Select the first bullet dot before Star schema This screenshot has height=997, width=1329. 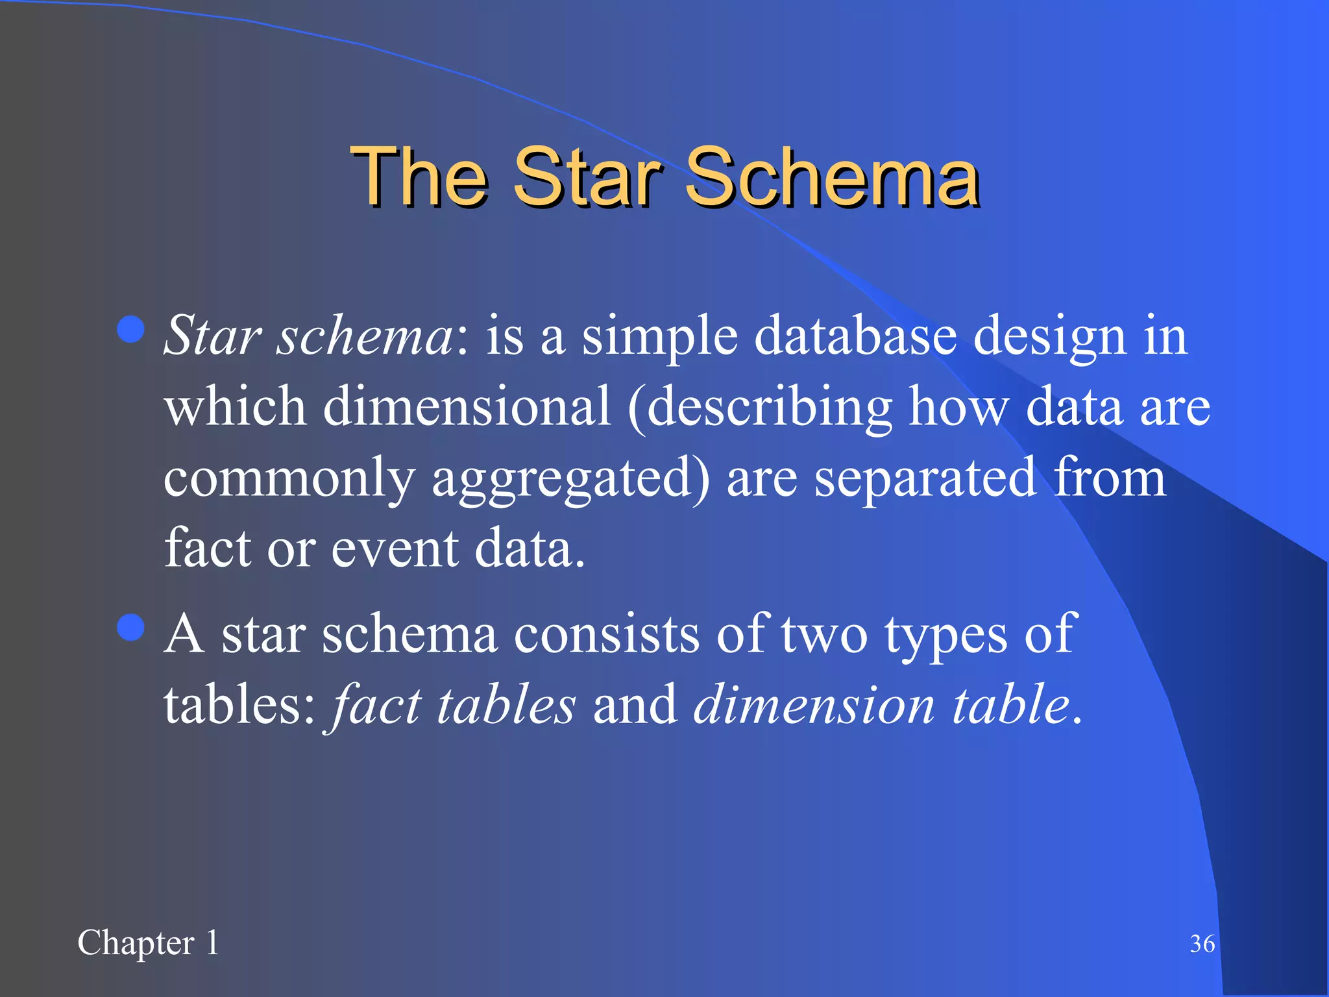pyautogui.click(x=131, y=329)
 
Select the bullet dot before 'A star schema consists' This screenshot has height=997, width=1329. pyautogui.click(x=131, y=628)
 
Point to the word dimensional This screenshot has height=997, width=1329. pyautogui.click(x=467, y=406)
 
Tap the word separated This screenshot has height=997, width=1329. pyautogui.click(x=925, y=477)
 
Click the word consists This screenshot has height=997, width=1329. pyautogui.click(x=607, y=634)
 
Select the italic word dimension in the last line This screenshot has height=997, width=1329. pyautogui.click(x=814, y=704)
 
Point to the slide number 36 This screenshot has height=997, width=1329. pyautogui.click(x=1202, y=944)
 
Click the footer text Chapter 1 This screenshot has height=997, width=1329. pyautogui.click(x=148, y=943)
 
